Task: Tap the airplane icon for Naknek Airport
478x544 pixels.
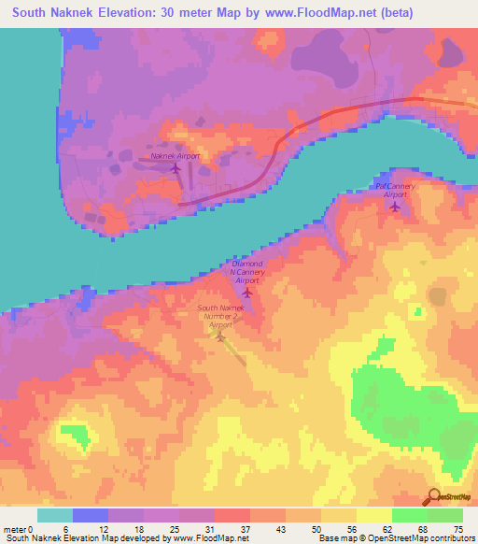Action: coord(176,168)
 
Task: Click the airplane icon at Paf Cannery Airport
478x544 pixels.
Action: coord(394,207)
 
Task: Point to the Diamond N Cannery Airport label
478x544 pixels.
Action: coord(247,272)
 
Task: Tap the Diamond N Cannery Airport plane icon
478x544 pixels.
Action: coord(246,293)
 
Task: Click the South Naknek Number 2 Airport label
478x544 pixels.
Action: coord(220,316)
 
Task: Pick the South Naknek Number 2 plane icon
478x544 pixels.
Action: coord(221,336)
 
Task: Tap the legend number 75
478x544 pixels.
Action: coord(458,528)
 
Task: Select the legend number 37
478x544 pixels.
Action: coord(246,528)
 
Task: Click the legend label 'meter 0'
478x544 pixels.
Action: coord(18,528)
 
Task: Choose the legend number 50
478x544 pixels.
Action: coord(316,528)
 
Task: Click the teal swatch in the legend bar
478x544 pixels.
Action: coord(55,515)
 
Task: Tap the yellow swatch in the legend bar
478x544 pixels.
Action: coord(373,515)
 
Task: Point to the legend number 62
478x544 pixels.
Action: coord(387,528)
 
